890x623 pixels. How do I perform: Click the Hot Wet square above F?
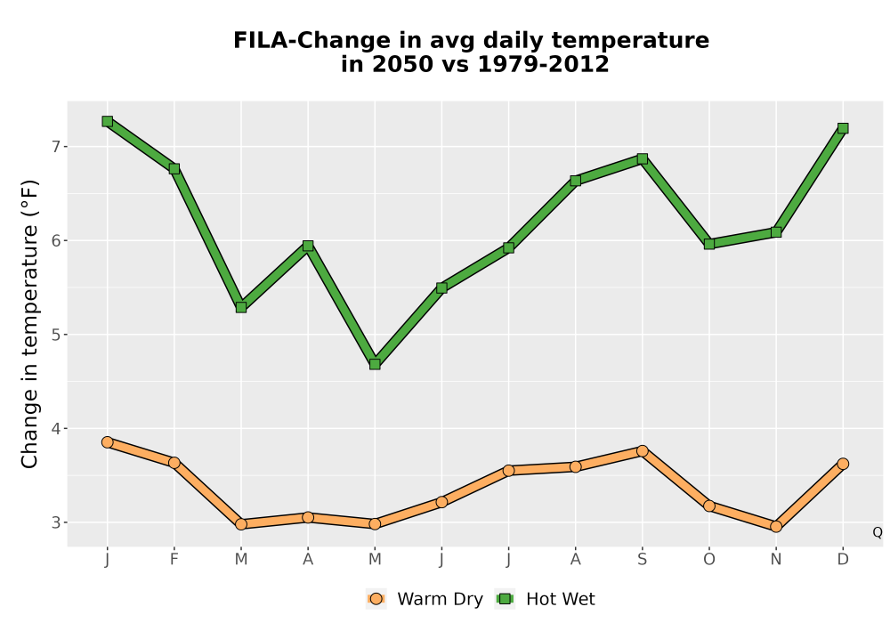(174, 168)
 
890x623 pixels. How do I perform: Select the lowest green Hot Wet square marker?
(375, 364)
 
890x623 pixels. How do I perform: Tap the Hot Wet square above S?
(642, 158)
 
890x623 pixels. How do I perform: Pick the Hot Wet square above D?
(843, 128)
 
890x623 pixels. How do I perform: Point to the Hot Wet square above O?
(709, 244)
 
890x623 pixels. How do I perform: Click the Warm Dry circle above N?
(776, 527)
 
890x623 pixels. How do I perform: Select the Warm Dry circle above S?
(642, 451)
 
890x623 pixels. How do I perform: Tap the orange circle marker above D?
(843, 464)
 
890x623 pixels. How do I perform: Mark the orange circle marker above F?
(174, 463)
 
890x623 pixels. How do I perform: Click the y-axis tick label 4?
(55, 428)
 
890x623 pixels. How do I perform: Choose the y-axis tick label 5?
(55, 335)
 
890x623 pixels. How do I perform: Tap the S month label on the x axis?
(642, 560)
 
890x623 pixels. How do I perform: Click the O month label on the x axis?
(709, 560)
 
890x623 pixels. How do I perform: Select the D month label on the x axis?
(843, 560)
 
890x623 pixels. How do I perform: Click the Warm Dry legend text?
(440, 599)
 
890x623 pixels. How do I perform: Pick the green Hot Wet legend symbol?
(505, 599)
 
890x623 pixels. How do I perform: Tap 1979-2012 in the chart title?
(543, 64)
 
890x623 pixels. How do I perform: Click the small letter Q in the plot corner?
(877, 532)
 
